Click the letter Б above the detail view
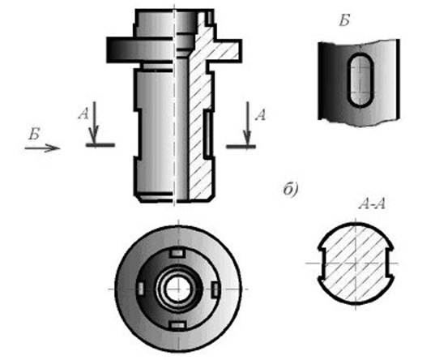(344, 20)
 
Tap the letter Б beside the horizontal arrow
(34, 134)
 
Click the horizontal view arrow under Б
(42, 148)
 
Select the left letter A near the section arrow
(83, 114)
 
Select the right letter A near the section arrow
(261, 114)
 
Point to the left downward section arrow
(95, 123)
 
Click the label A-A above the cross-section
(372, 204)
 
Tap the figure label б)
(291, 190)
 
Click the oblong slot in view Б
(360, 80)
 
